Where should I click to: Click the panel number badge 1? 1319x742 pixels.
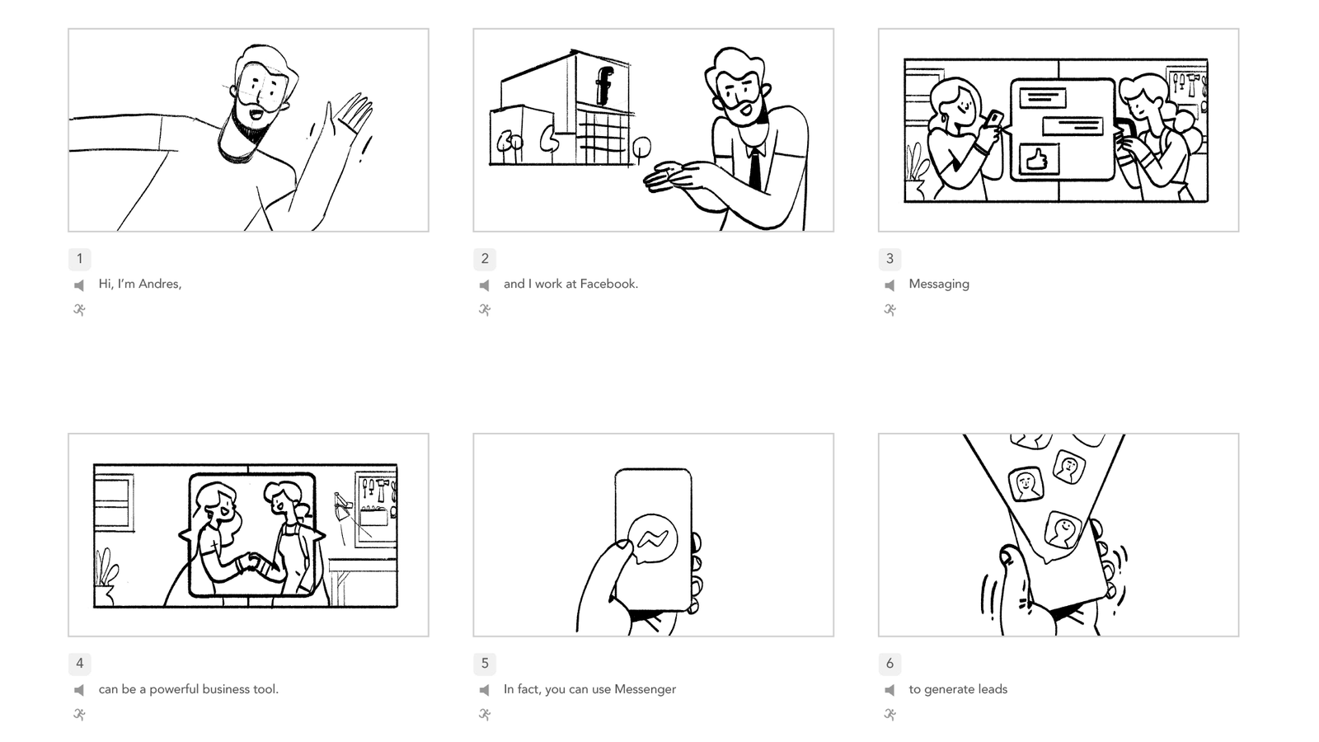click(79, 259)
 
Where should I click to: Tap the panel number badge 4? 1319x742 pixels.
click(79, 664)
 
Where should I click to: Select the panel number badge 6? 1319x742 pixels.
click(890, 664)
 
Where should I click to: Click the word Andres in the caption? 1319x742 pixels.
click(160, 284)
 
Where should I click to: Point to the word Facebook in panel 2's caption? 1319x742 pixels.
click(609, 284)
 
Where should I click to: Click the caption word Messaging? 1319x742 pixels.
click(939, 284)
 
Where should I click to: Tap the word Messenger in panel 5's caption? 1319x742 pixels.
click(645, 689)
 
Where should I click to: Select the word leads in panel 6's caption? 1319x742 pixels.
click(993, 689)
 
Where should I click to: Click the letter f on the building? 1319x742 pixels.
click(603, 86)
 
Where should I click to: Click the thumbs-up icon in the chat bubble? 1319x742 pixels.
click(1038, 160)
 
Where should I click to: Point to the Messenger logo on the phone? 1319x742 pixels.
click(652, 539)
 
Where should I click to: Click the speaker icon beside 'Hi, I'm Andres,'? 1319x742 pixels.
click(79, 285)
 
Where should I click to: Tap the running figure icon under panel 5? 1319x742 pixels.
click(485, 714)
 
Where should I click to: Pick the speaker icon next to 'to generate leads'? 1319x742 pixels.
click(890, 689)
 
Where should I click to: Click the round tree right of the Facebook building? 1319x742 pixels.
click(641, 150)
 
